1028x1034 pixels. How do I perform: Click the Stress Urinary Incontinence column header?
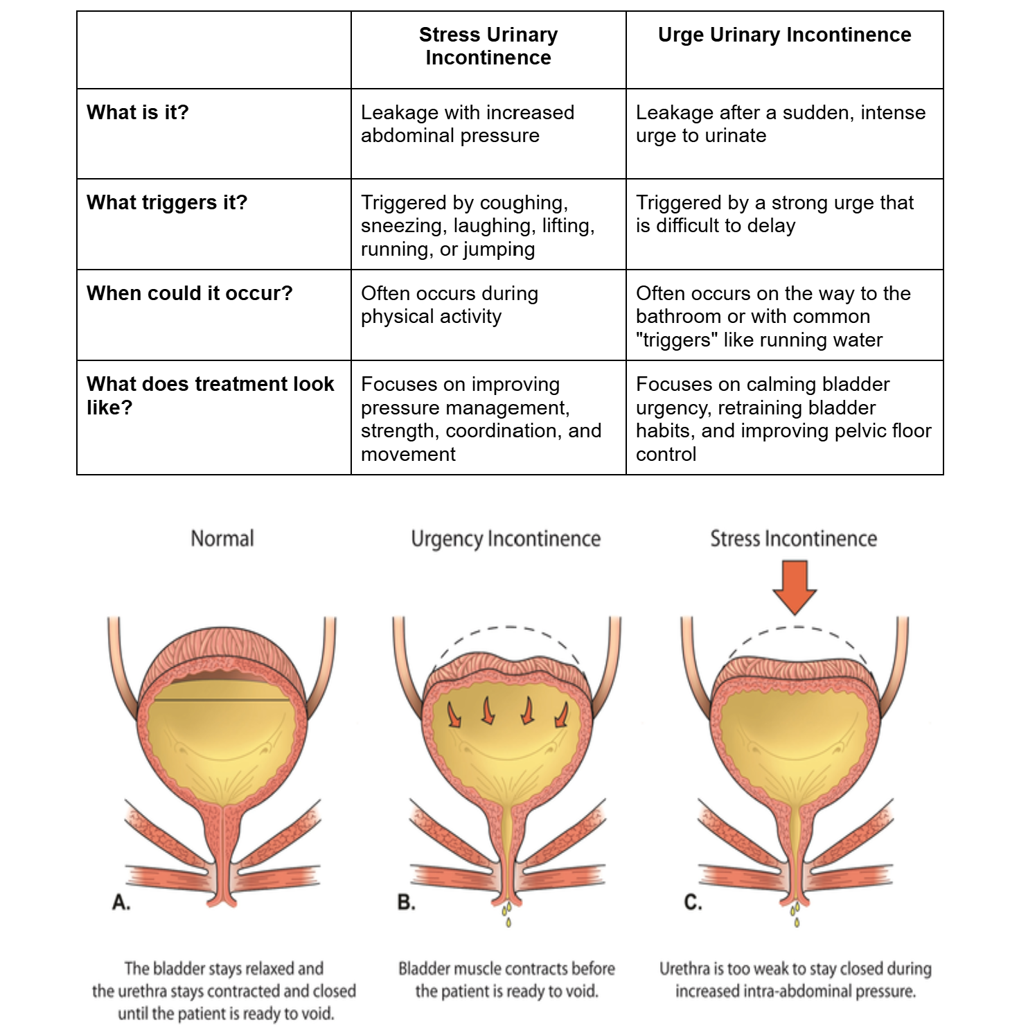pos(488,46)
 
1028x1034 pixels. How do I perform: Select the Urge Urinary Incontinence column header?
pos(784,35)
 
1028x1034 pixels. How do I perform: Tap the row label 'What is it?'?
pos(137,112)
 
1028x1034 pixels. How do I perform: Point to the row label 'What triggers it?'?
pos(167,202)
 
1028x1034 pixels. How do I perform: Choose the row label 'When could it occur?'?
pos(190,293)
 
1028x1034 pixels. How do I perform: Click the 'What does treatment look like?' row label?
pos(211,395)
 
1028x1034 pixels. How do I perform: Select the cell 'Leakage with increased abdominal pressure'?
pos(468,123)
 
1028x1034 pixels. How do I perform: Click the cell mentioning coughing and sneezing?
pos(478,225)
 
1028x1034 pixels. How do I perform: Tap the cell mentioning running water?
pos(773,316)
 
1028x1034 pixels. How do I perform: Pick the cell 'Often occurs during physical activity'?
pos(450,304)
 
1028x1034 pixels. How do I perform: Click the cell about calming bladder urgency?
pos(783,419)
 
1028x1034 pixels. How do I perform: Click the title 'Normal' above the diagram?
pos(222,538)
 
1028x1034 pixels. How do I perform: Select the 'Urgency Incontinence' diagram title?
pos(506,538)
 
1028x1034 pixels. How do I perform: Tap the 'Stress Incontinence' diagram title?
pos(794,538)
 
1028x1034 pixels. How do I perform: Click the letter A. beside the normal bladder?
pos(121,902)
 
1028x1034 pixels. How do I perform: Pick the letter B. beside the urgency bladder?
pos(407,902)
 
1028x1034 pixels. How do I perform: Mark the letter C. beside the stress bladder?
pos(693,902)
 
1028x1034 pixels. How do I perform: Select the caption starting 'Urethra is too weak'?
pos(795,979)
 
